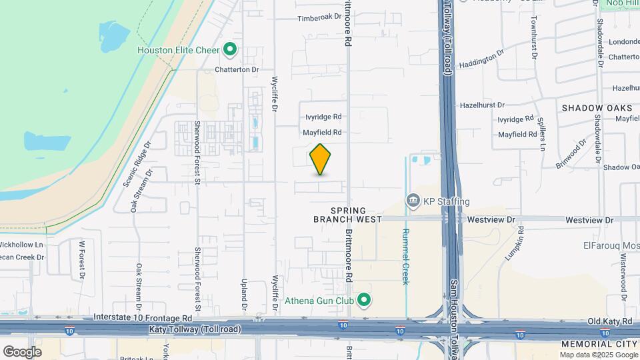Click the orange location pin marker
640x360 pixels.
point(320,159)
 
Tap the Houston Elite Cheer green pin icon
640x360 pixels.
point(230,49)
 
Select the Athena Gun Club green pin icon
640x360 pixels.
point(363,301)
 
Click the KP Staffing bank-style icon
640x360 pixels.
point(413,201)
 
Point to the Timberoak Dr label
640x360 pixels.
point(319,19)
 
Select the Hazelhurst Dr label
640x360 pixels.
point(482,105)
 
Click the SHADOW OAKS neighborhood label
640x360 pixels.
point(597,108)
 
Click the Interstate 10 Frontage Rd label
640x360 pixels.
point(143,318)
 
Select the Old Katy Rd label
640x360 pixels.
point(609,321)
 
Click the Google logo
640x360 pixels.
point(22,351)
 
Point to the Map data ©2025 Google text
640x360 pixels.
point(597,355)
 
